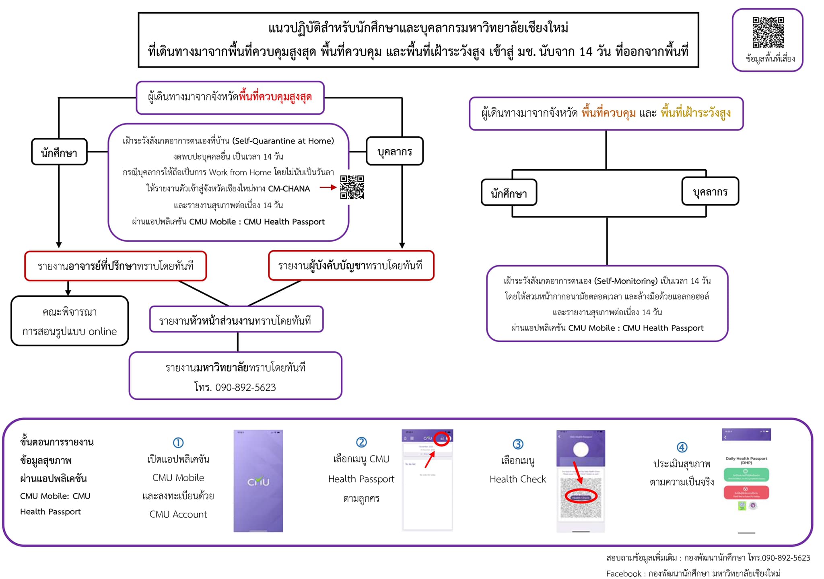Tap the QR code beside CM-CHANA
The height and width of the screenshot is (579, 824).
click(x=352, y=187)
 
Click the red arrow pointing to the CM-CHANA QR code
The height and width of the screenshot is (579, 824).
click(x=328, y=187)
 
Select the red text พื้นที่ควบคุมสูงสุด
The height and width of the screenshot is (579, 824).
click(x=275, y=97)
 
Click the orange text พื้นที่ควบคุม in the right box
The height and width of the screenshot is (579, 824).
click(x=608, y=113)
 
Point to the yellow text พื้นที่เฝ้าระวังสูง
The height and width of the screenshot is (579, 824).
click(x=696, y=113)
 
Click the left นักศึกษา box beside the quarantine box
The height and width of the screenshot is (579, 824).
click(x=59, y=152)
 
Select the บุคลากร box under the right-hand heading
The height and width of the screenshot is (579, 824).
click(x=710, y=192)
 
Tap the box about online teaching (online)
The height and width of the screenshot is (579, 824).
click(x=70, y=321)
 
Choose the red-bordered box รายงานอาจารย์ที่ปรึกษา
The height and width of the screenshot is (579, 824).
click(x=115, y=266)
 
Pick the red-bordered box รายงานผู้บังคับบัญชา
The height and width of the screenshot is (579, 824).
click(x=351, y=266)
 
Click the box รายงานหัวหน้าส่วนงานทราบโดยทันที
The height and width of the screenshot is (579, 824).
click(x=236, y=320)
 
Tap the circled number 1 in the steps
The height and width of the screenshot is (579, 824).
click(x=178, y=443)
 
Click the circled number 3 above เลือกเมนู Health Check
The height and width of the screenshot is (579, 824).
click(x=518, y=444)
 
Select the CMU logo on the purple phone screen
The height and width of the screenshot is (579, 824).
click(x=258, y=481)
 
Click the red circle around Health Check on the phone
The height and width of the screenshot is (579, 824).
click(x=581, y=497)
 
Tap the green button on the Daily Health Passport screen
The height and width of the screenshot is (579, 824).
click(x=746, y=474)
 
